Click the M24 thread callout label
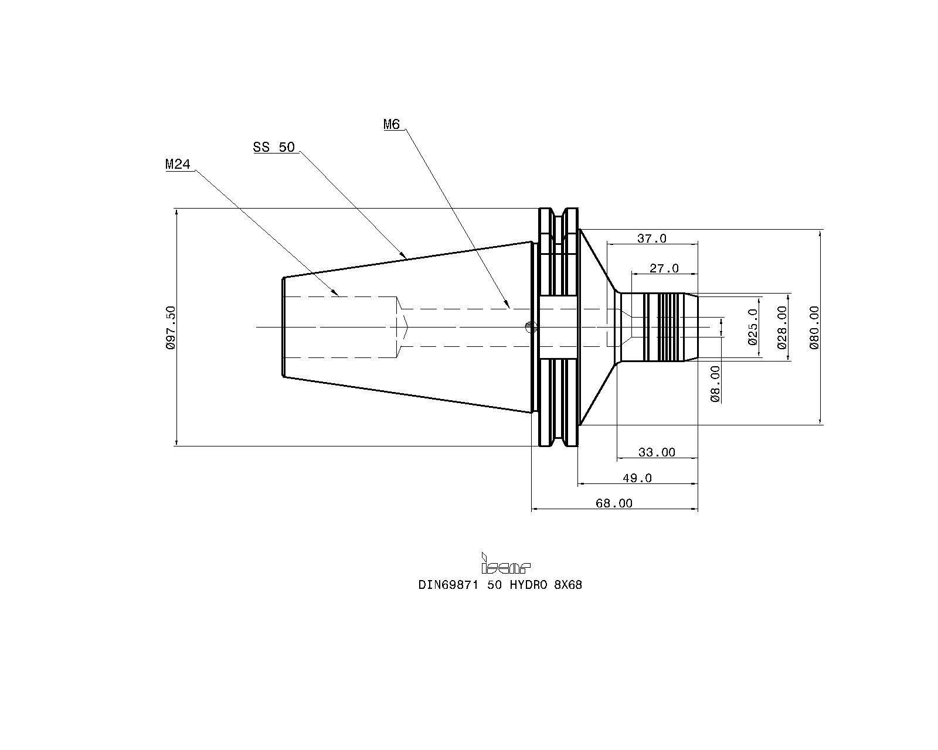tap(178, 164)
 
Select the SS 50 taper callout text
tap(274, 147)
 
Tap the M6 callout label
tap(392, 125)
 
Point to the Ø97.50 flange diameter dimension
tap(171, 328)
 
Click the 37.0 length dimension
tap(652, 238)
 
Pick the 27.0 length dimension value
tap(664, 268)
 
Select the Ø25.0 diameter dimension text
tap(753, 327)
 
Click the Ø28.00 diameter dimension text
tap(783, 328)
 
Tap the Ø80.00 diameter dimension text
tap(814, 328)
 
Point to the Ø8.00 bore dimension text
tap(715, 384)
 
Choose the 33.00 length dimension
tap(657, 452)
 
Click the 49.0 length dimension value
tap(637, 478)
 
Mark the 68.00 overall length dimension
tap(614, 503)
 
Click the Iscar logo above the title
tap(505, 563)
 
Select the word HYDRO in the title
tap(528, 585)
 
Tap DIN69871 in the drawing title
tap(448, 585)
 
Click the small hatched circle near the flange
tap(531, 327)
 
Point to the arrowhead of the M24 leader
tap(337, 294)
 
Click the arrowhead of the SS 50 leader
tap(405, 257)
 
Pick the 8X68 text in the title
tap(568, 585)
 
